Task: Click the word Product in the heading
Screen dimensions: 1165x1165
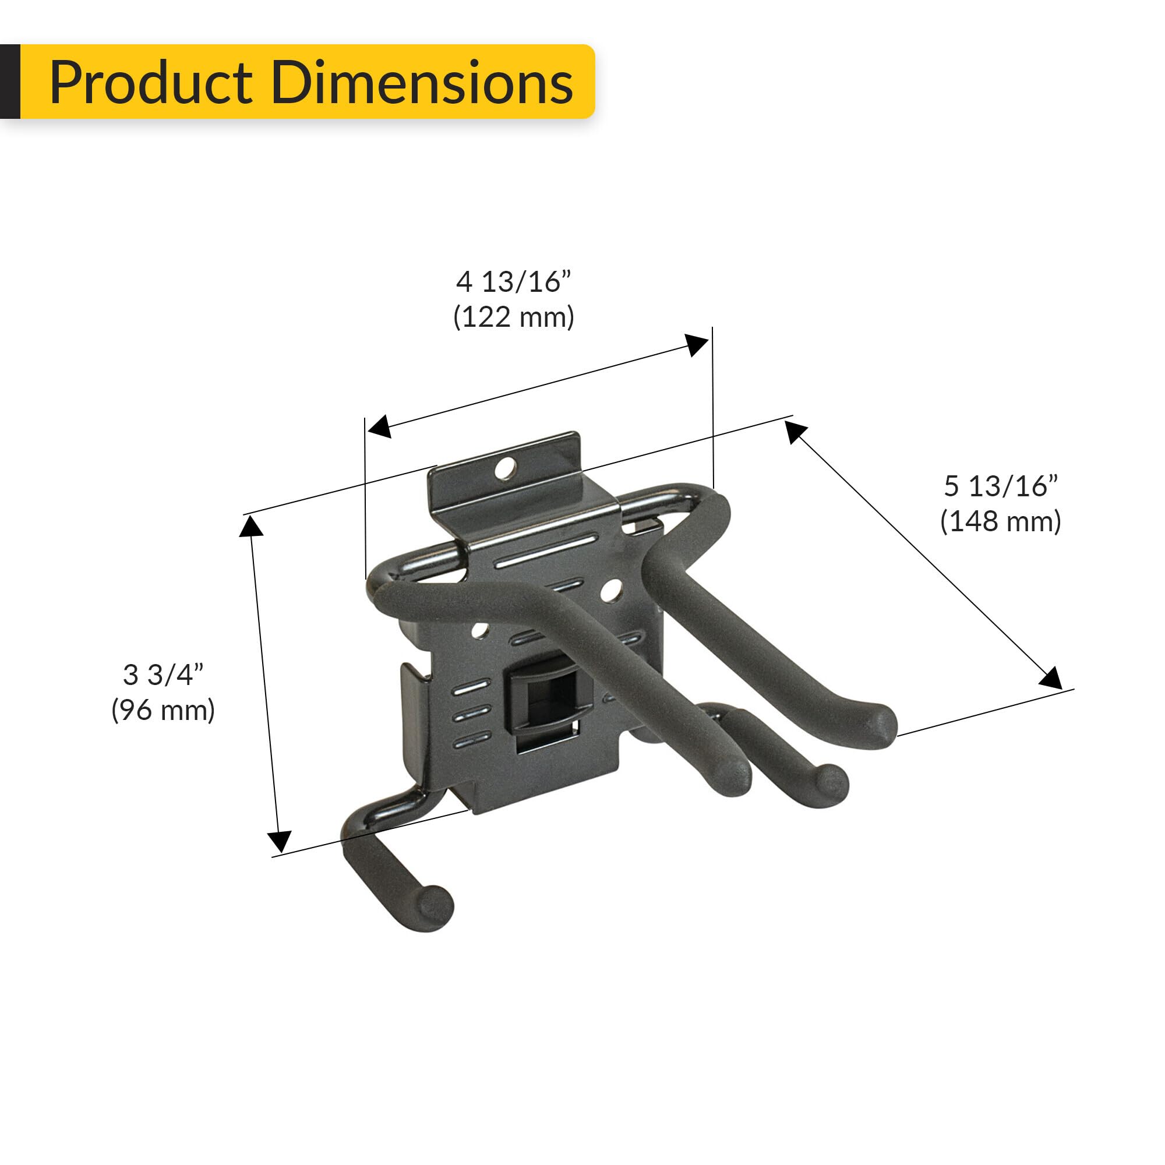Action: pyautogui.click(x=150, y=83)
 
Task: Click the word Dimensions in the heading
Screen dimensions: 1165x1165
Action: pyautogui.click(x=422, y=83)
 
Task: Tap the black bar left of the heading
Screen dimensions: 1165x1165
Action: pyautogui.click(x=10, y=82)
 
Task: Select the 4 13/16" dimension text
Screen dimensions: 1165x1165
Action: pyautogui.click(x=513, y=282)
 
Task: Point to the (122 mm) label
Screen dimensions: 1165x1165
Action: pyautogui.click(x=513, y=317)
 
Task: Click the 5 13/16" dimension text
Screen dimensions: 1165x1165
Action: pyautogui.click(x=1000, y=486)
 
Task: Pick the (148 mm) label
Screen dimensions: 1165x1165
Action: pyautogui.click(x=1000, y=521)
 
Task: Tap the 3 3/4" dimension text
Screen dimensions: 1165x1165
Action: pyautogui.click(x=164, y=675)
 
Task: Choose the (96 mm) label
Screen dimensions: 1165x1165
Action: pyautogui.click(x=164, y=710)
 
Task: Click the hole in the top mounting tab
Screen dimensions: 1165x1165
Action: pyautogui.click(x=506, y=467)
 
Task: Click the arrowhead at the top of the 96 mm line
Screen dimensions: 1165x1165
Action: pyautogui.click(x=250, y=527)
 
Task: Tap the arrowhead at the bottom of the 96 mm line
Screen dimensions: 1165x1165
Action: pyautogui.click(x=280, y=840)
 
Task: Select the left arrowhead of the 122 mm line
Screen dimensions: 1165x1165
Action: pyautogui.click(x=379, y=426)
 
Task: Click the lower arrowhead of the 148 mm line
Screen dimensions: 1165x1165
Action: pyautogui.click(x=1050, y=678)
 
